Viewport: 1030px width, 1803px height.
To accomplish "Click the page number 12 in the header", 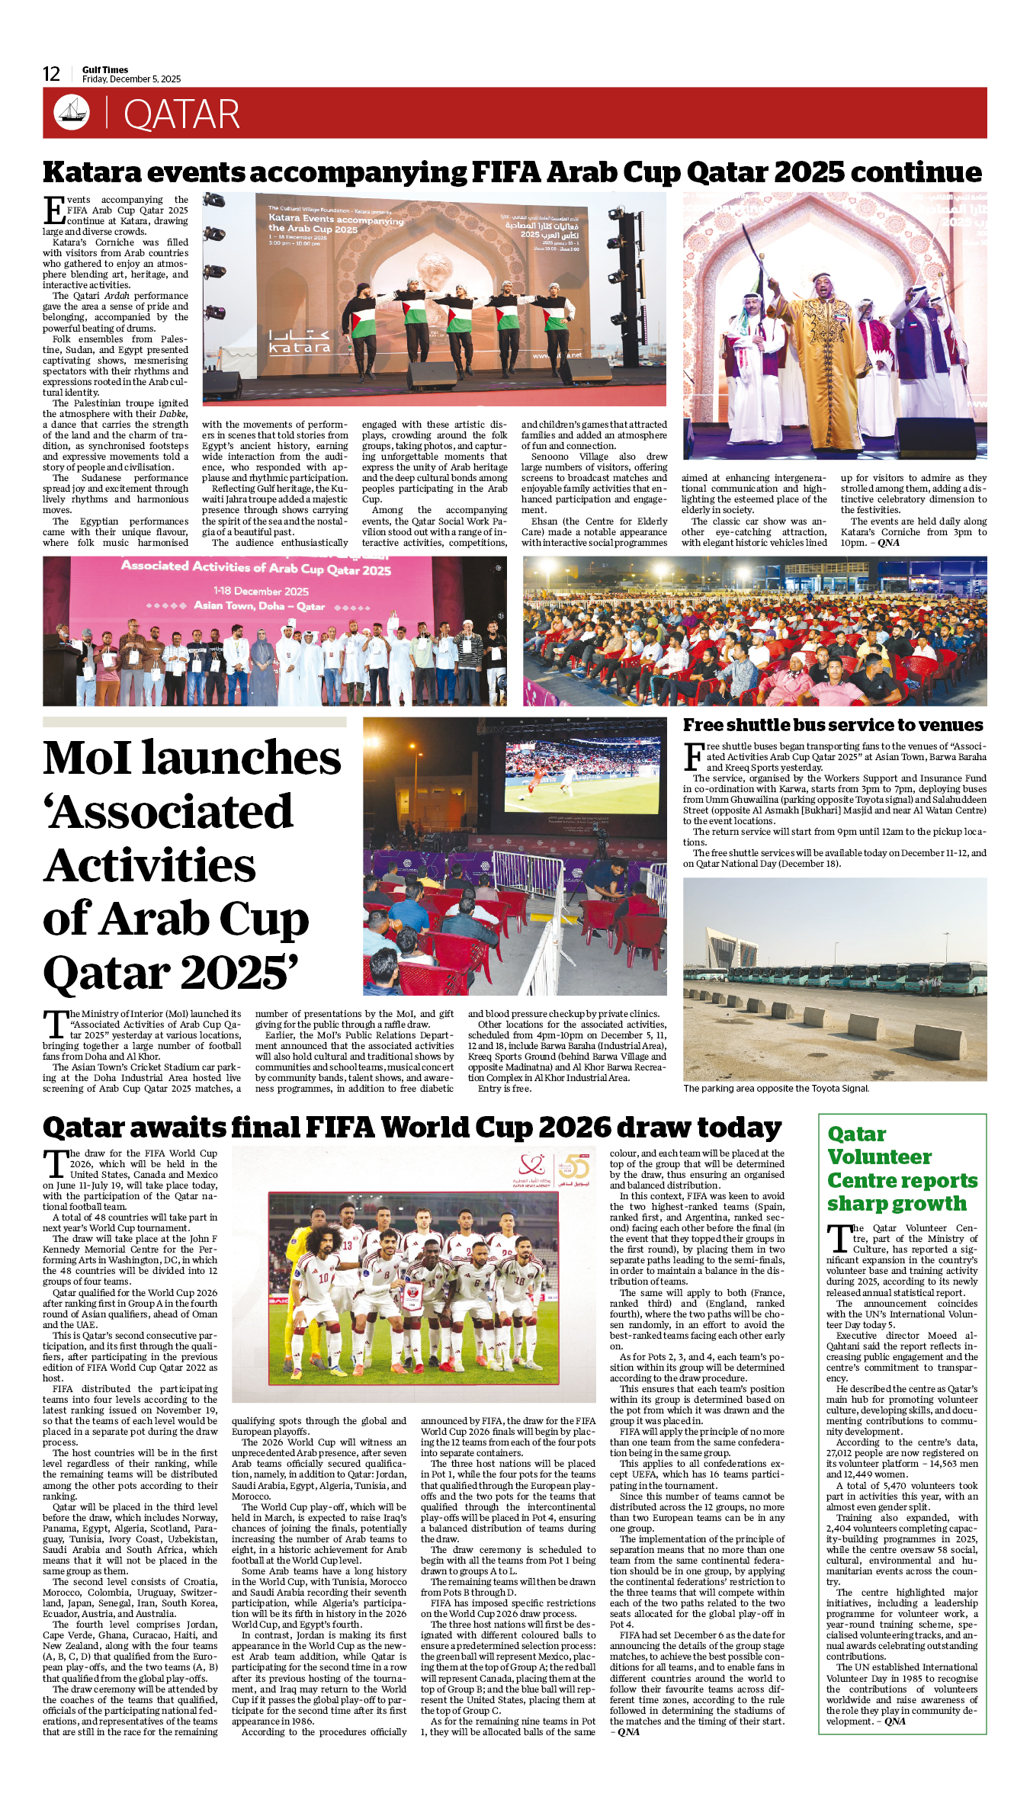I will coord(51,74).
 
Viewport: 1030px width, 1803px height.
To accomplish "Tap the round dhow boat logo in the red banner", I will coord(71,112).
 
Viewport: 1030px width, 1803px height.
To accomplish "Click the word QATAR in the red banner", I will coord(181,115).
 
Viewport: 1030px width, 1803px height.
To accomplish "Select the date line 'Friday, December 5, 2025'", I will coord(131,79).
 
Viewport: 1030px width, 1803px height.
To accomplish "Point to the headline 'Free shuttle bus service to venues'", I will coord(833,725).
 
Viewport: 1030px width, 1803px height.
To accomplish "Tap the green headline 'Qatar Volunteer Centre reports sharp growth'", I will coord(901,1169).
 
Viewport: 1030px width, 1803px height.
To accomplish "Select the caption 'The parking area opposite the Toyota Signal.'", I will coord(775,1089).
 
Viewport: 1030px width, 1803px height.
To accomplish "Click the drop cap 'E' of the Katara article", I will coord(53,210).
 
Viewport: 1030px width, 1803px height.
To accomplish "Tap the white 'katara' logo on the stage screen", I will coord(299,342).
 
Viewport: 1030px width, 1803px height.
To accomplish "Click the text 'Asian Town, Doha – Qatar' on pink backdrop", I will coord(259,606).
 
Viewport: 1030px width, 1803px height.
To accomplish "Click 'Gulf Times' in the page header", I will coord(105,69).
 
